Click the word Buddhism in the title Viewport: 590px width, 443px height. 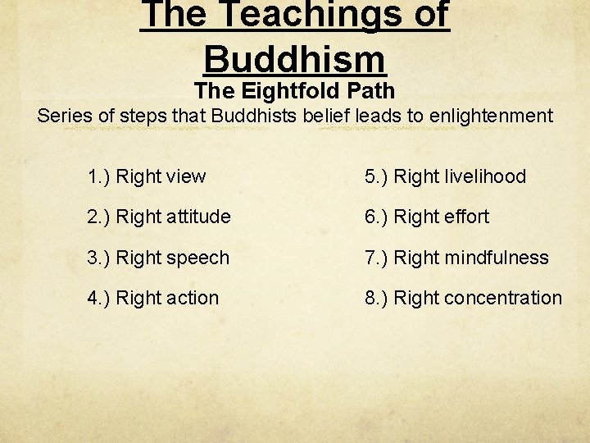294,59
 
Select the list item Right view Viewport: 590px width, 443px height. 161,176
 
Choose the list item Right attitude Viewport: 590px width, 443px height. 173,217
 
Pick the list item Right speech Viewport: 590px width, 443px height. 172,258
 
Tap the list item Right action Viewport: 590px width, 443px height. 167,298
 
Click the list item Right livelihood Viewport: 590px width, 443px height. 460,176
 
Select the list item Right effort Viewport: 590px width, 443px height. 441,217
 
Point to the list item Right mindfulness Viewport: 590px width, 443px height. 471,258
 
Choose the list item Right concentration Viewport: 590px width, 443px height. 478,298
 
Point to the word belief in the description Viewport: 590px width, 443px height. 324,116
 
